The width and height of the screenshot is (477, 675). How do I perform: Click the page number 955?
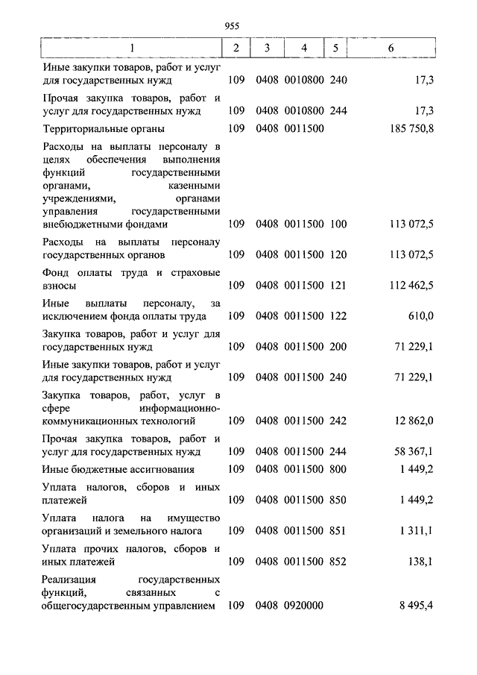[x=231, y=25]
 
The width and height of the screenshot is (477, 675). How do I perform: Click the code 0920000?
[x=303, y=606]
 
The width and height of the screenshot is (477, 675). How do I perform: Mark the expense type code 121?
[x=338, y=285]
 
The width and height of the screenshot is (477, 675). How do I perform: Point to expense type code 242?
[x=338, y=421]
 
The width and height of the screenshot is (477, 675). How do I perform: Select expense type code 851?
[x=338, y=530]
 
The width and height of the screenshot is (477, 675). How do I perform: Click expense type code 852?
[x=338, y=562]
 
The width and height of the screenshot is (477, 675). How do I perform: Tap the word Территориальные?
[x=83, y=129]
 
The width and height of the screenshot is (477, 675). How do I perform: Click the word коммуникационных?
[x=90, y=421]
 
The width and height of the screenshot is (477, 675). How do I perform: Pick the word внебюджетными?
[x=80, y=223]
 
